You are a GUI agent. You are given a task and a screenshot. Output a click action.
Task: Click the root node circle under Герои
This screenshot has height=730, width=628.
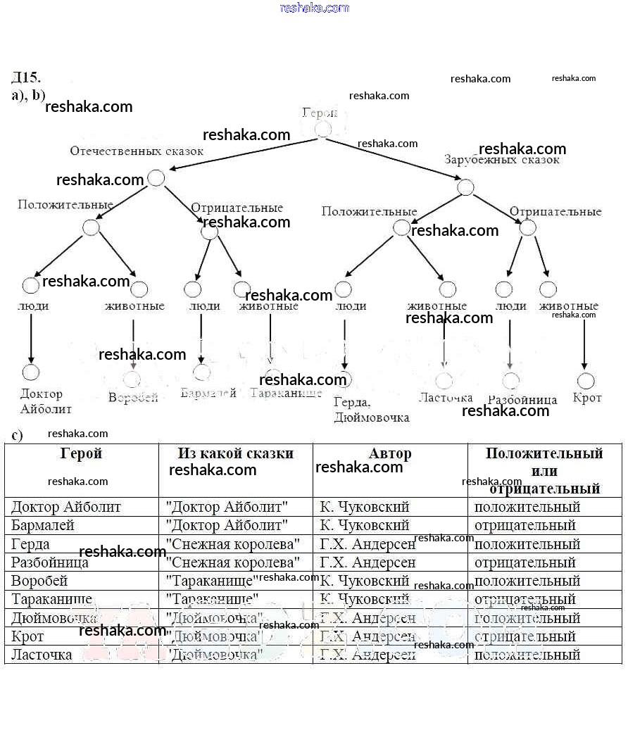[x=323, y=129]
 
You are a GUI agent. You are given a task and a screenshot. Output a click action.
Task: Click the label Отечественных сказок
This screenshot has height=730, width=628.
[x=137, y=151]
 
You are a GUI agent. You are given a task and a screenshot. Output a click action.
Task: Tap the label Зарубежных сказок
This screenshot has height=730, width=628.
[x=502, y=160]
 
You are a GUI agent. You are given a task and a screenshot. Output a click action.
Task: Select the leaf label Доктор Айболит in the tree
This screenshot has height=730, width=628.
[x=46, y=401]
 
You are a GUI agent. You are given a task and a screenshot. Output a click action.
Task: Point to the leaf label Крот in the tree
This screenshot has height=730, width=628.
[x=587, y=398]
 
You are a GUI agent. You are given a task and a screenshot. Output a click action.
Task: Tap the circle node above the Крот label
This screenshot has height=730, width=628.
[x=586, y=381]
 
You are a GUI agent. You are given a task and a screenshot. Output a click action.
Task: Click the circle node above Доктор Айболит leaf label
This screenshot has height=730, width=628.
[x=31, y=372]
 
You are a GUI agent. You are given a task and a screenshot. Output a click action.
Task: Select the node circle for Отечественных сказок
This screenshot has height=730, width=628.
[x=156, y=178]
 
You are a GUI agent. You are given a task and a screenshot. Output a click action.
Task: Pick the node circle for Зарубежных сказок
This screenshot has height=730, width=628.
[x=465, y=187]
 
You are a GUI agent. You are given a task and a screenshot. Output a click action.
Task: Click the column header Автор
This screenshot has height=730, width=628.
[x=390, y=453]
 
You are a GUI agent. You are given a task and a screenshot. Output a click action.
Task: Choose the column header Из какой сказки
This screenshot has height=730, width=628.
[x=236, y=453]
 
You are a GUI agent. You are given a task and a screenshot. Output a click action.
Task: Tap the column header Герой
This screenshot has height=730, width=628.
[x=82, y=453]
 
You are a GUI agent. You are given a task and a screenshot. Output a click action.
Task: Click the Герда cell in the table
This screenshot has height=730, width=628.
[x=31, y=544]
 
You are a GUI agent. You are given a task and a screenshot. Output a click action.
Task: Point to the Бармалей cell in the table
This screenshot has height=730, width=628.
[x=43, y=525]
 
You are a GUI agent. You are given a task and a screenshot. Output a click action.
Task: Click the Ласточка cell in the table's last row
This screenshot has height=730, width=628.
[x=42, y=655]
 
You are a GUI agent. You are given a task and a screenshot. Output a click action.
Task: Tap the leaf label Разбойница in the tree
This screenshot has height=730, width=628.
[x=522, y=400]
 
